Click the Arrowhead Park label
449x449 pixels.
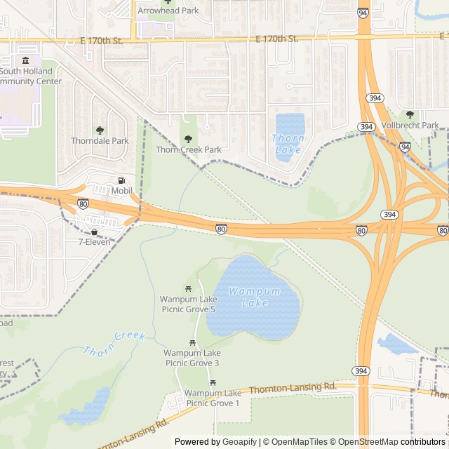coord(168,11)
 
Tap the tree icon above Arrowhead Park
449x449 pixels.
coord(168,1)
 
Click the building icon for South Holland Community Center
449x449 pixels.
coord(26,60)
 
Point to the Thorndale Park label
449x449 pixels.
coord(100,140)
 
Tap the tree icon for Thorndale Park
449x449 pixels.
coord(100,130)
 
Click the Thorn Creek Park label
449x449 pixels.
coord(188,149)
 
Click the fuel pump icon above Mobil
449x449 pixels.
coord(122,180)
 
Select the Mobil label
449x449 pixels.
coord(122,191)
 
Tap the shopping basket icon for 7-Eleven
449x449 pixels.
coord(94,232)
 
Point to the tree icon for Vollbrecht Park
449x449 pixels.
coord(410,114)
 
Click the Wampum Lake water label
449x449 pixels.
coord(254,297)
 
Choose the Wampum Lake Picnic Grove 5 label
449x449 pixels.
coord(188,304)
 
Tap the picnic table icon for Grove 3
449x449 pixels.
coord(192,342)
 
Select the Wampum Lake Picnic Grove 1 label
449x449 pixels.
coord(213,398)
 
